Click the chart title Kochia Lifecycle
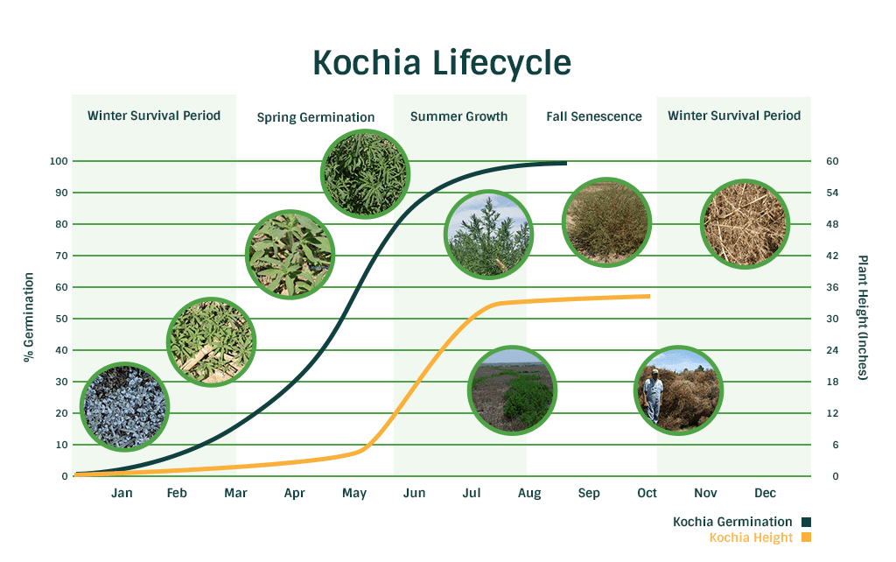[x=442, y=63]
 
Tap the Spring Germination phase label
[x=315, y=117]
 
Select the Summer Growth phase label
[x=458, y=116]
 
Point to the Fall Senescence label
[x=594, y=116]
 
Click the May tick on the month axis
[x=354, y=494]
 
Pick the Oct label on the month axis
[x=647, y=493]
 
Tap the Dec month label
[x=765, y=493]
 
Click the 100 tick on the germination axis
[x=59, y=161]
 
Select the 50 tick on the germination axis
[x=61, y=319]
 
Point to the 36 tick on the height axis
[x=832, y=287]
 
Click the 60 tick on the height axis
[x=832, y=161]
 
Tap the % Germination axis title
[x=29, y=317]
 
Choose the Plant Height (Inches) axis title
[x=862, y=317]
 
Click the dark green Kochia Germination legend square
[x=806, y=522]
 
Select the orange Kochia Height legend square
[x=806, y=537]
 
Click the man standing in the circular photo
[x=653, y=395]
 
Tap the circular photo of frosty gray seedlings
[x=124, y=406]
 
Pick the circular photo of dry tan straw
[x=745, y=223]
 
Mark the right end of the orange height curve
[x=650, y=296]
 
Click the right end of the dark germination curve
[x=566, y=163]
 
